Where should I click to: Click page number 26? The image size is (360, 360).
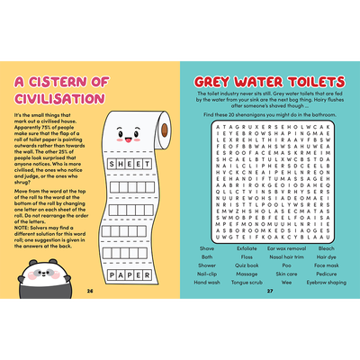click(x=89, y=291)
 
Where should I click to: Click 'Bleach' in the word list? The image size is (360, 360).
click(x=326, y=247)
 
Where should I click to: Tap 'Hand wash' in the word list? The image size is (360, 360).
click(x=207, y=282)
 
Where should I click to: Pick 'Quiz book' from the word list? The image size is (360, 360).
click(x=247, y=265)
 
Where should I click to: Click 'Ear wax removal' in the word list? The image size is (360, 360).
click(x=286, y=247)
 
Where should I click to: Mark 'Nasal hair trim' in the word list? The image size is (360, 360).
click(x=286, y=256)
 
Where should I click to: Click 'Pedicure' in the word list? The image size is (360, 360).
click(x=326, y=274)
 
